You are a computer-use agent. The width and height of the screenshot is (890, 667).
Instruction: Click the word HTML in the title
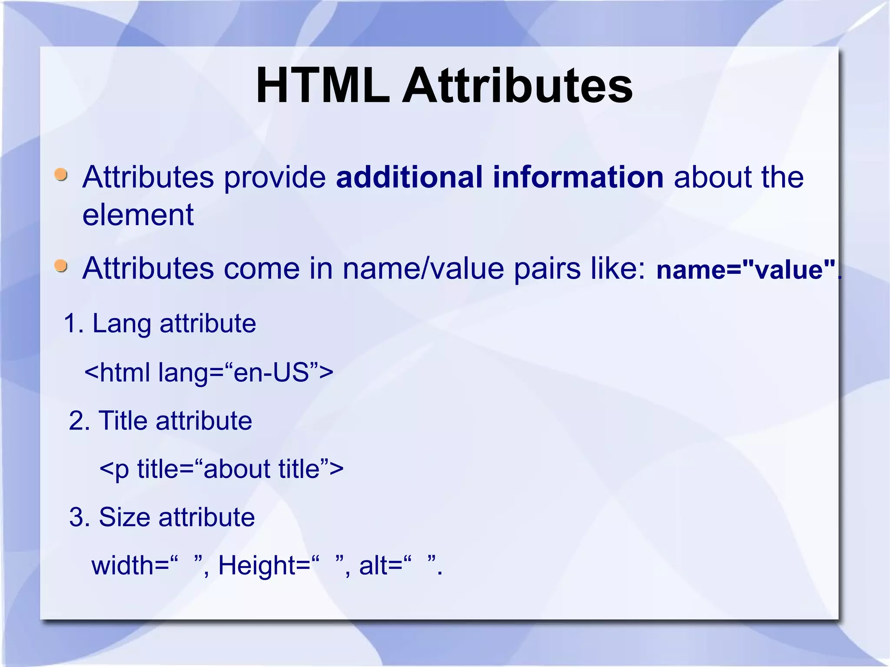(323, 85)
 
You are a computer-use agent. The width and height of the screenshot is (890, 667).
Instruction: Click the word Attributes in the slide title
(517, 85)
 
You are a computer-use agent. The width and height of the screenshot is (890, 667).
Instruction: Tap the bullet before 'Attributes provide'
(61, 175)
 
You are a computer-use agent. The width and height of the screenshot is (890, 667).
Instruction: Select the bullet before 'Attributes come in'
(61, 265)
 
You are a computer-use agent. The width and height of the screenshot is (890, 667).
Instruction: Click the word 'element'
(138, 215)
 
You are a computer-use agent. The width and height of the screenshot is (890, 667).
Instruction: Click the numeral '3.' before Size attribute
(79, 517)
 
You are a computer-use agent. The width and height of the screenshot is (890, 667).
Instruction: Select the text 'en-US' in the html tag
(271, 372)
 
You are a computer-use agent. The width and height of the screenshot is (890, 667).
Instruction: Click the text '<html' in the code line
(117, 372)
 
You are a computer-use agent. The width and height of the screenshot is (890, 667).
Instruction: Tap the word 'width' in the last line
(123, 566)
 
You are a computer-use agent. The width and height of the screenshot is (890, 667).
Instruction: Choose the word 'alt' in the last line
(374, 566)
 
